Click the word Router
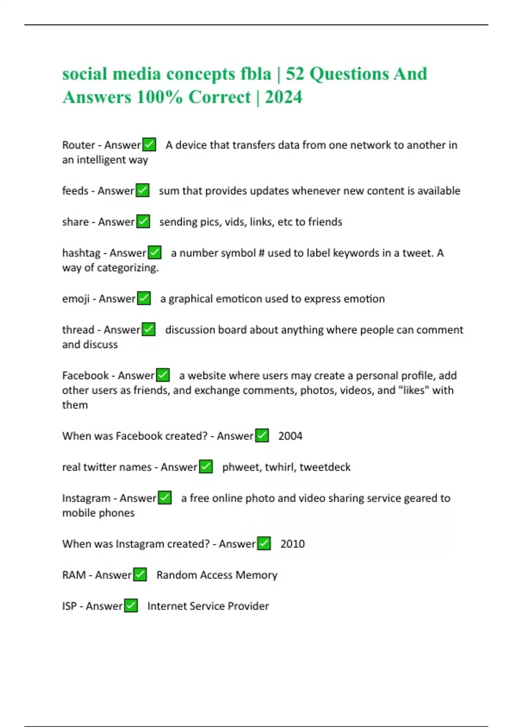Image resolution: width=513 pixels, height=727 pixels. coord(78,145)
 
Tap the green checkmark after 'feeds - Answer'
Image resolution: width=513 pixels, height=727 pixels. coord(142,190)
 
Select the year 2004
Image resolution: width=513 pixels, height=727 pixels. coord(290,436)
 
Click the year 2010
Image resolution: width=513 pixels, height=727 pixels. coord(292,544)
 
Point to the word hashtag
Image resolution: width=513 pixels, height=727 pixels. coord(81,253)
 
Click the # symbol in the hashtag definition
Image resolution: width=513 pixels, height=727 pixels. coord(261,253)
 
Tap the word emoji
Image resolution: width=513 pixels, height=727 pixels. coord(75,298)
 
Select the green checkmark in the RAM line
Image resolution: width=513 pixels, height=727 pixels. coord(140,574)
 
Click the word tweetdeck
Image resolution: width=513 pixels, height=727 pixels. coord(325,467)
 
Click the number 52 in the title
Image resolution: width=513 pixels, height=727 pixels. coord(295,74)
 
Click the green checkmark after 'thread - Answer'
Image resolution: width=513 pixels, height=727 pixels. coord(148,329)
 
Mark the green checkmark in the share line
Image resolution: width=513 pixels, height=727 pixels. coord(143,222)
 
